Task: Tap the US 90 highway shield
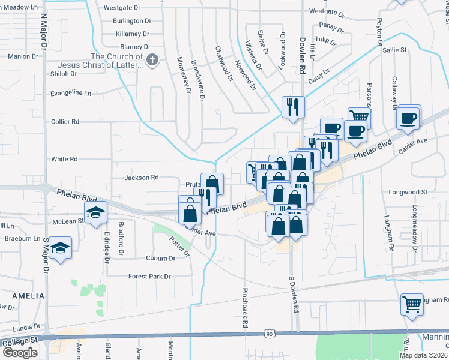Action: point(268,332)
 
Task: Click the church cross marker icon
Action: point(152,59)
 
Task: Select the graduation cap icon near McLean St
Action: point(95,213)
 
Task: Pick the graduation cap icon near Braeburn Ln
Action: point(61,247)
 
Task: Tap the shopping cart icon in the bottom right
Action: point(412,304)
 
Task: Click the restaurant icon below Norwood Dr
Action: point(294,107)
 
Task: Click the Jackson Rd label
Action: point(141,178)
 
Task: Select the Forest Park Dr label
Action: point(149,277)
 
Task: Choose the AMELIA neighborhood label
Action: point(26,296)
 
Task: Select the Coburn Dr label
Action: point(160,259)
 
